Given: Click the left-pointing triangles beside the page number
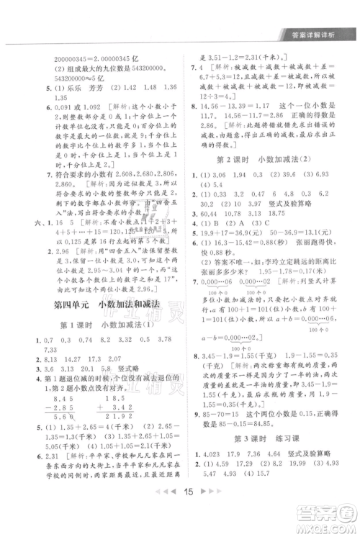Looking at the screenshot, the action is (161, 512).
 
